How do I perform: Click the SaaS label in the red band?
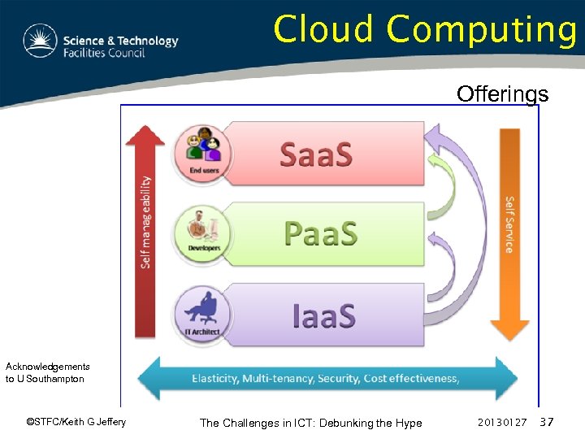[x=316, y=154]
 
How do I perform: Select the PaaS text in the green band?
[x=321, y=234]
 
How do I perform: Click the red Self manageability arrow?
[x=145, y=232]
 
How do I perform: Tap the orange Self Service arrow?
[x=510, y=232]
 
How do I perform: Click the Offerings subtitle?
[x=502, y=94]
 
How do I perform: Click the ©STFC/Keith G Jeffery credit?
[x=76, y=422]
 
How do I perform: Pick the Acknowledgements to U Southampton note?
[x=47, y=372]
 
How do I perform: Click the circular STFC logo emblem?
[x=40, y=41]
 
